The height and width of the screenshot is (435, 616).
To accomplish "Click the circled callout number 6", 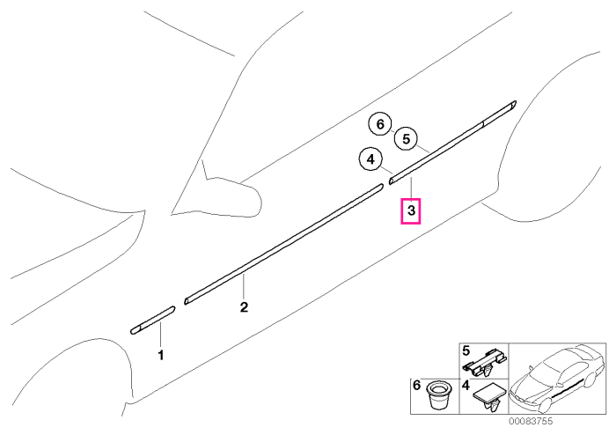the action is click(x=380, y=124).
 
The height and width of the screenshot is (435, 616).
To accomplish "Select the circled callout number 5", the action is click(x=406, y=138).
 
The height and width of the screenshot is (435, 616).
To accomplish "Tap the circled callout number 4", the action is click(x=370, y=159).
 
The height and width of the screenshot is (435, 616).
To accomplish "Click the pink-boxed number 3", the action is click(x=411, y=211).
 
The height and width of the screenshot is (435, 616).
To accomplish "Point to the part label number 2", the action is click(x=244, y=307).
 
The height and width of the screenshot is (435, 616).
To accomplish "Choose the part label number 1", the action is click(x=161, y=355).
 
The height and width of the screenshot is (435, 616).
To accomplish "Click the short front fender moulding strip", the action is click(x=153, y=320).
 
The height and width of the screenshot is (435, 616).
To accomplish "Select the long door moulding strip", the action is click(x=283, y=244).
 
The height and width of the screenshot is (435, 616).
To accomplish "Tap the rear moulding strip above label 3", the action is click(x=452, y=143).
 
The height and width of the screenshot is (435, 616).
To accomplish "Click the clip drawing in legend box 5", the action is click(x=485, y=362).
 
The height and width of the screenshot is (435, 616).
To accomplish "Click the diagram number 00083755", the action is click(x=531, y=421).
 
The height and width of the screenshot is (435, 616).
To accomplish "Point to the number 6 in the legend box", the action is click(x=417, y=385).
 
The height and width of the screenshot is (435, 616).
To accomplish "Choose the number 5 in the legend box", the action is click(x=466, y=350).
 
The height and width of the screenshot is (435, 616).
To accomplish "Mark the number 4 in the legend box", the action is click(x=466, y=385).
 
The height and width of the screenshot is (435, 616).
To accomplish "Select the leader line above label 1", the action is click(x=160, y=335).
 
